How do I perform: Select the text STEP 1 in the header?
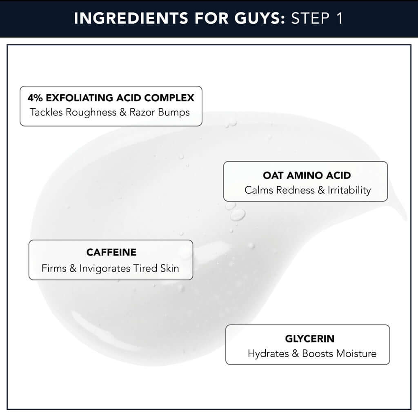[x=317, y=19]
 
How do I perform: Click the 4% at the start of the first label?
[x=36, y=98]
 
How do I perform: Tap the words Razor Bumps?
[x=160, y=112]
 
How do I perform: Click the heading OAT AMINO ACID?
[x=307, y=176]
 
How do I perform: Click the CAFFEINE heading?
[x=111, y=252]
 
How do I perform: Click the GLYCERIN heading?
[x=309, y=339]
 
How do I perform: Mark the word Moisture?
[x=356, y=354]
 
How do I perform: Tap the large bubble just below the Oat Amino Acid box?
[x=238, y=214]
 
